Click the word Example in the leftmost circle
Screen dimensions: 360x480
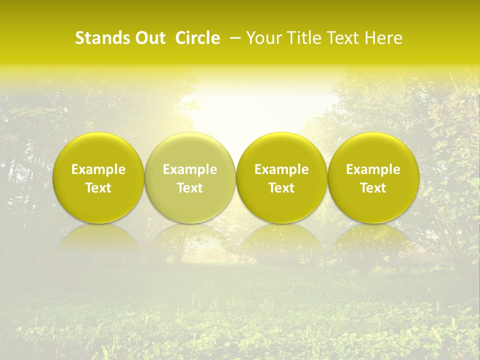[x=98, y=169]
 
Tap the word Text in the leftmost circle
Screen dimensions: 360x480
[x=98, y=188]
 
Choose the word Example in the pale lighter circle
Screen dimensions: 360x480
[x=190, y=169]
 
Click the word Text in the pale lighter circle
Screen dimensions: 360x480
[x=190, y=188]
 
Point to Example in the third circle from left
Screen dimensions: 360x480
[x=281, y=169]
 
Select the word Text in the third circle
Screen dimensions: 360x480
[x=281, y=188]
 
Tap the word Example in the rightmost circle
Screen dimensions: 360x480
[x=373, y=169]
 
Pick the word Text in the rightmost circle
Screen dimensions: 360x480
[x=373, y=188]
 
